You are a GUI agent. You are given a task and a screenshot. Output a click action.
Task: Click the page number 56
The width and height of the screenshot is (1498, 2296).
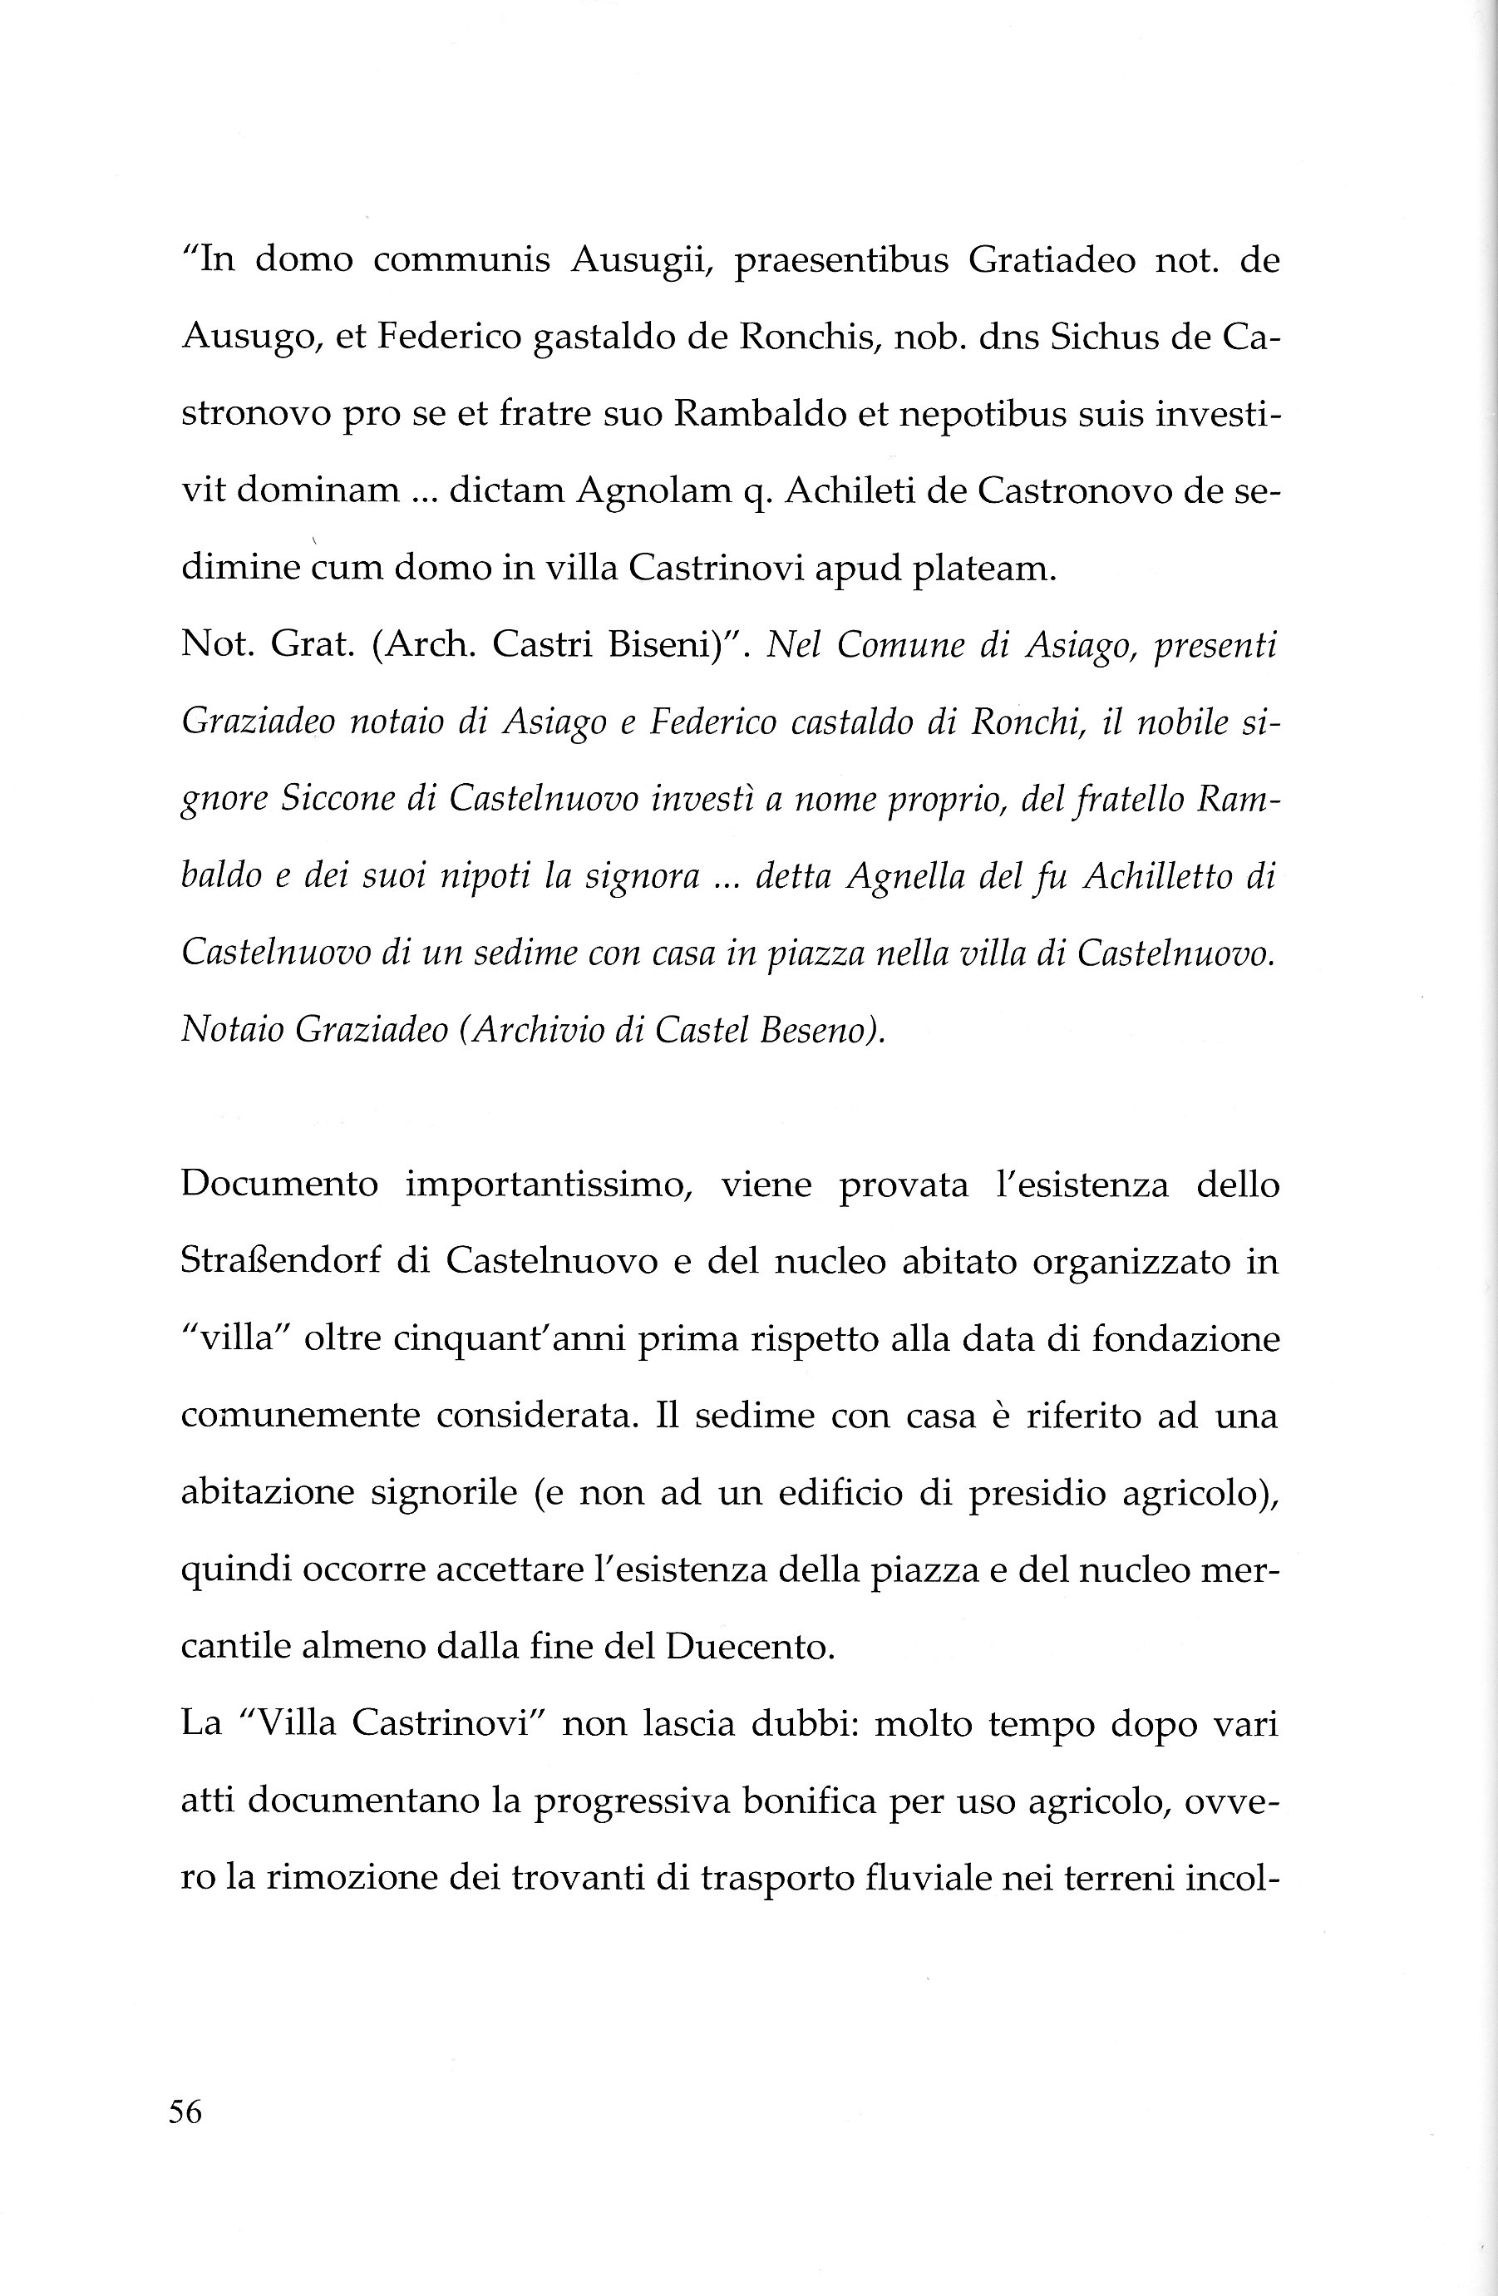tap(185, 2113)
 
